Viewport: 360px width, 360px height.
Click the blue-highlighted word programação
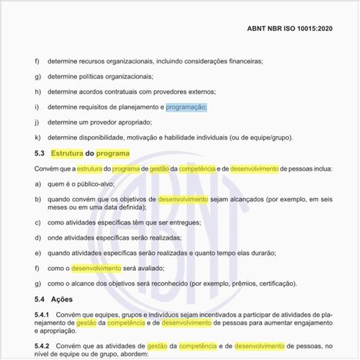tap(186, 107)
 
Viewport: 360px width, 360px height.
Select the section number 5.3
tap(40, 153)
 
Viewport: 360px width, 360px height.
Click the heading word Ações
tap(63, 299)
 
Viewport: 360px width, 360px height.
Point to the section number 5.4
tap(40, 299)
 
